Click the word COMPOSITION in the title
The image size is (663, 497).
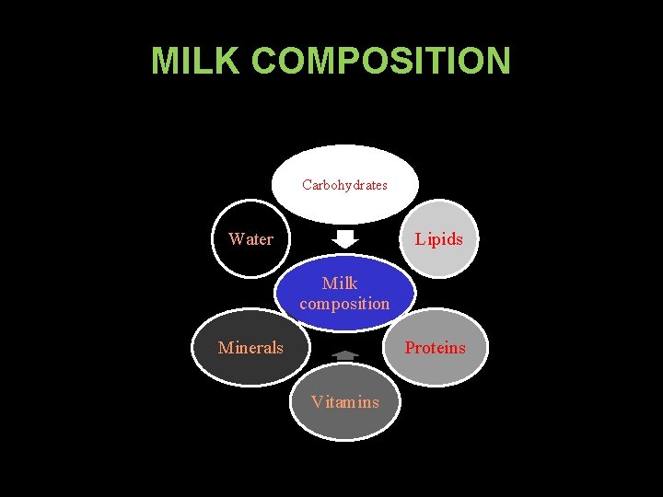pyautogui.click(x=380, y=61)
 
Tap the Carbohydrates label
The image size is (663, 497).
pyautogui.click(x=344, y=185)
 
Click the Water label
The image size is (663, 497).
pyautogui.click(x=250, y=239)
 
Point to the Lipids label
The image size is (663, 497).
pyautogui.click(x=438, y=239)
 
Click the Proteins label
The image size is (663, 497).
pyautogui.click(x=436, y=347)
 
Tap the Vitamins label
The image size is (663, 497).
pyautogui.click(x=344, y=402)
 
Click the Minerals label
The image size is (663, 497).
pyautogui.click(x=250, y=347)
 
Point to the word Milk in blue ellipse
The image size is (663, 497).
pyautogui.click(x=340, y=283)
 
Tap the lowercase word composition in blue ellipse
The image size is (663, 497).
pyautogui.click(x=344, y=304)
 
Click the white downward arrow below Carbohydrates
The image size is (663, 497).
pyautogui.click(x=344, y=238)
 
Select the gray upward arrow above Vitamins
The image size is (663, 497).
pyautogui.click(x=344, y=354)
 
